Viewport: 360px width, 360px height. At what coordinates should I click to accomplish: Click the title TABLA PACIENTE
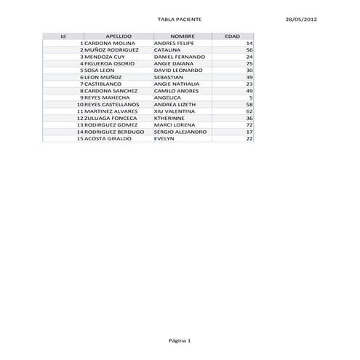coord(180,19)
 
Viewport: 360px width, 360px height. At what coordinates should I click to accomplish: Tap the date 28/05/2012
coord(301,19)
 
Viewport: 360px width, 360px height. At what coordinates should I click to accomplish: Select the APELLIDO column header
coord(119,36)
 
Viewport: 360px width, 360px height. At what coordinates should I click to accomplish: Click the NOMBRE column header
coord(182,36)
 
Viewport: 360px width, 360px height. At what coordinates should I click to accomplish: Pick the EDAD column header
coord(233,36)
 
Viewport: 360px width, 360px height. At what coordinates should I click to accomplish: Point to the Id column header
coord(64,36)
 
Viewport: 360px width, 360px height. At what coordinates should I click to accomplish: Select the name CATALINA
coord(167,50)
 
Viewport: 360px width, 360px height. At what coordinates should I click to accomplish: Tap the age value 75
coord(249,63)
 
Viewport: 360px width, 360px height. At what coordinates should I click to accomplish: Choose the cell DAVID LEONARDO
coord(177,71)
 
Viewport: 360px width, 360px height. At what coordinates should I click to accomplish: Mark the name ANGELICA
coord(167,97)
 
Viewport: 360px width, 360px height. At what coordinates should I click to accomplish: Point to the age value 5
coord(251,97)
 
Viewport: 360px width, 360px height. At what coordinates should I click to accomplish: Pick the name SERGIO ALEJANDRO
coord(180,132)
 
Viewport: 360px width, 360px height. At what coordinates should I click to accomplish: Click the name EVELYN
coord(164,138)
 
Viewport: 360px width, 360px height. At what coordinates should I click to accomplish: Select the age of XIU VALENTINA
coord(249,111)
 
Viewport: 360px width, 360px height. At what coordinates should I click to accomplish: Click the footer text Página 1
coord(180,340)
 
